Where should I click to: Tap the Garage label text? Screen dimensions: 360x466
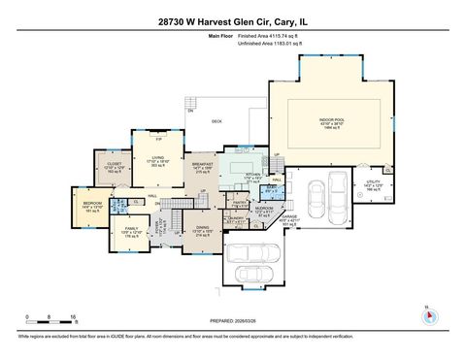pyautogui.click(x=290, y=216)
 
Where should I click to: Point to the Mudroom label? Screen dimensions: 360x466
pyautogui.click(x=262, y=210)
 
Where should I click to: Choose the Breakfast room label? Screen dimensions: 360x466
pyautogui.click(x=204, y=166)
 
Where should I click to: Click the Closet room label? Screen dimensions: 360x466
pyautogui.click(x=113, y=167)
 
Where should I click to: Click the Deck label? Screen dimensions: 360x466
pyautogui.click(x=217, y=121)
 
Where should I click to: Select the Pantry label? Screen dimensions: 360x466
pyautogui.click(x=238, y=205)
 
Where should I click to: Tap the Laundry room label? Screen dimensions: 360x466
pyautogui.click(x=235, y=218)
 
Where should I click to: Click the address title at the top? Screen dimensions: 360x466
pyautogui.click(x=232, y=19)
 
